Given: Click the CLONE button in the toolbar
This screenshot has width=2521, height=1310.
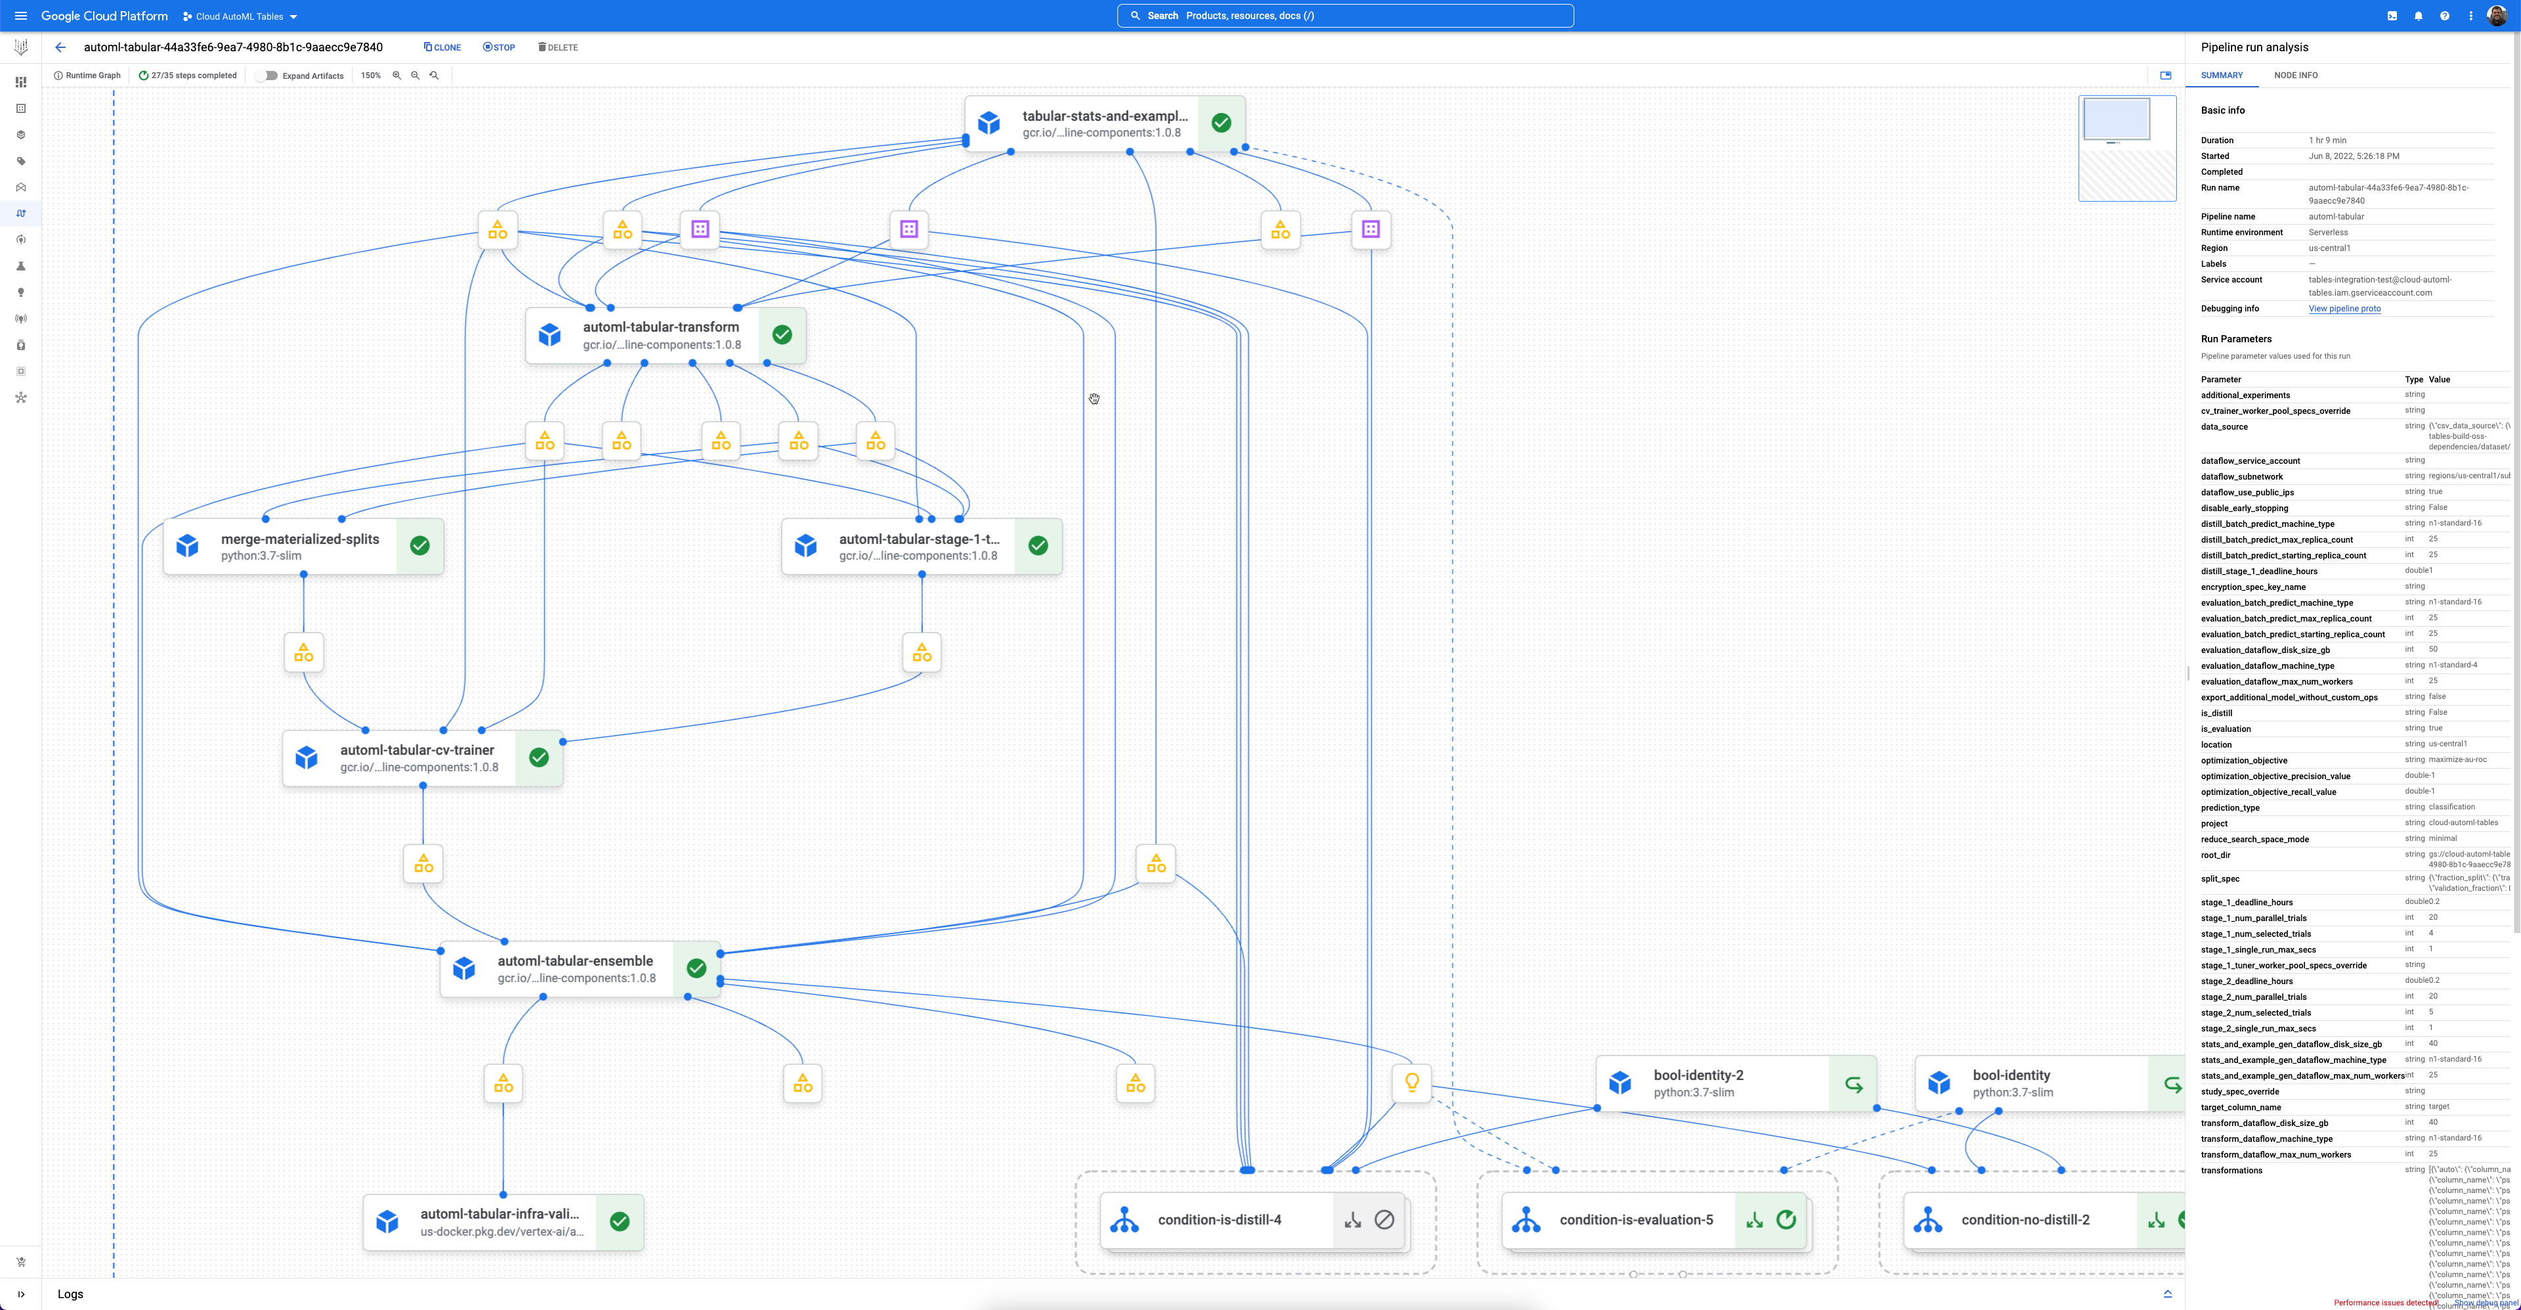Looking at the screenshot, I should coord(442,47).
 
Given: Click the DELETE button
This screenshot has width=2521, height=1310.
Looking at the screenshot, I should coord(558,47).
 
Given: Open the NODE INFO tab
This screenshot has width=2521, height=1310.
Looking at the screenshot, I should coord(2295,76).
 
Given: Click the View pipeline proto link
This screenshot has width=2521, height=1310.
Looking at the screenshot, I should coord(2344,308).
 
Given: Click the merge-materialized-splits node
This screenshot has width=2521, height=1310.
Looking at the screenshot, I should coord(299,547).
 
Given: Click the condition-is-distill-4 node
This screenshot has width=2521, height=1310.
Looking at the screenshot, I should coord(1219,1220).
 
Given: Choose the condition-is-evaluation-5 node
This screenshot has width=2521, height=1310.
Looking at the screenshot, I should coord(1635,1220).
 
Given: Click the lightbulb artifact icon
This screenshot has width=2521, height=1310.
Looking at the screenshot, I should coord(1411,1083).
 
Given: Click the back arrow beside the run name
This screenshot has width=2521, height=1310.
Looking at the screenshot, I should coord(60,47).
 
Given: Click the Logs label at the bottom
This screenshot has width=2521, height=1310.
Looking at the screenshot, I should coord(70,1294).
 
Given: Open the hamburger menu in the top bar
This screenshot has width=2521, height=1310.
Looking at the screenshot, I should coord(20,16).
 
